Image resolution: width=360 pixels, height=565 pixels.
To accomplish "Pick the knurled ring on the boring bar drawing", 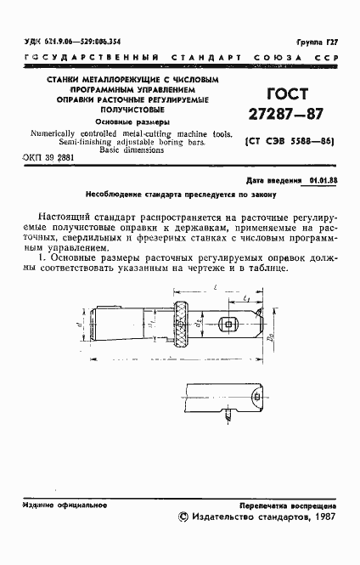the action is point(180,324).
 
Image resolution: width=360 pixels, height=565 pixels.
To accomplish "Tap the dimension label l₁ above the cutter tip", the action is point(245,299).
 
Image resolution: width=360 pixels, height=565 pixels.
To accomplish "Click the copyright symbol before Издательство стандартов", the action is point(183,516).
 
